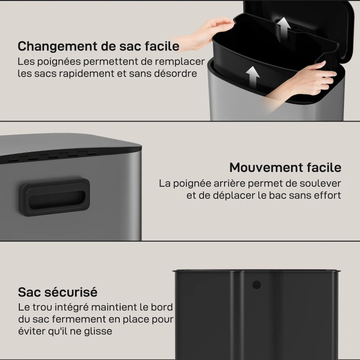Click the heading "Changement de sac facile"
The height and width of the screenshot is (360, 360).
pos(98,46)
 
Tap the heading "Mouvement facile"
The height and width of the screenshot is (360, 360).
pos(285,167)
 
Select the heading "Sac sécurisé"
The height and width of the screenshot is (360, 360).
pos(58,292)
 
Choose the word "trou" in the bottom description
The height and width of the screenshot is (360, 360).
pos(42,307)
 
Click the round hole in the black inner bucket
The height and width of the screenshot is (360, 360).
pos(256,285)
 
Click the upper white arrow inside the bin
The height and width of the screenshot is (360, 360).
pos(283,29)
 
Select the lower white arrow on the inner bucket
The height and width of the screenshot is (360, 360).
pos(252,77)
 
